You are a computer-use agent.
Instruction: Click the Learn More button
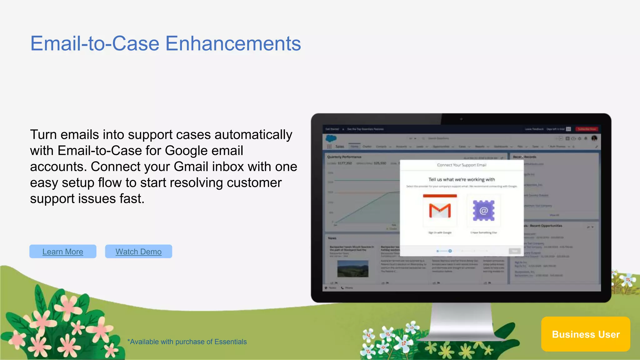63,252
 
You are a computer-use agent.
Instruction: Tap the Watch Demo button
138,252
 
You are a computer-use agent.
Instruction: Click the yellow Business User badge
586,334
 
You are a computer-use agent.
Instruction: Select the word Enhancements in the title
233,43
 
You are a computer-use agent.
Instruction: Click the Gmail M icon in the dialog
440,211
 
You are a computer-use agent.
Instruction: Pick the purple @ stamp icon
483,211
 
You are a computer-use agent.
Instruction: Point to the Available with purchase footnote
187,342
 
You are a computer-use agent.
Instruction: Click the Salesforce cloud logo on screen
331,138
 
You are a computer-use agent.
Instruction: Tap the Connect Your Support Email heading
462,165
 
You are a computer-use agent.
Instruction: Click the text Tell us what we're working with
462,179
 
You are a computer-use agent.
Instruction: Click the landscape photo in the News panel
353,269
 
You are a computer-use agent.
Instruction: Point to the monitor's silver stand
462,322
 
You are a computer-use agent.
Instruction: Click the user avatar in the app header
594,138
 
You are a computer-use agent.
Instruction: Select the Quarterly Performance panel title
344,157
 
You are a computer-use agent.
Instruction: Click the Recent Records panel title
524,157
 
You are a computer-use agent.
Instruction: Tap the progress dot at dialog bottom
450,251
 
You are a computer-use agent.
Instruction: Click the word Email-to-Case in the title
95,43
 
